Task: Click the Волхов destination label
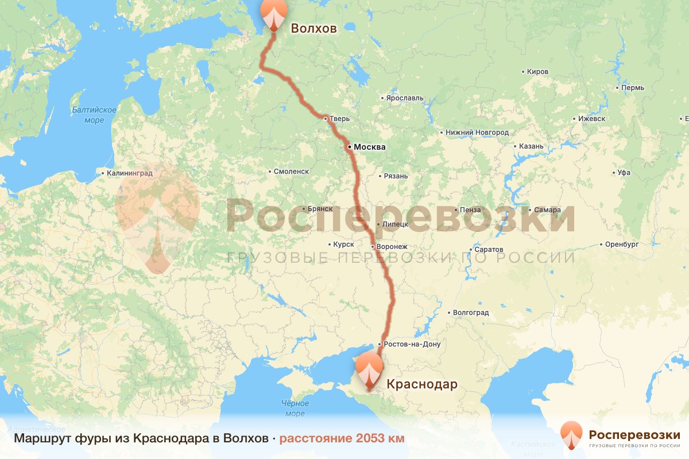(x=313, y=29)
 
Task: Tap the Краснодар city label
(x=422, y=384)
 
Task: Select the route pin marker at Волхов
(x=273, y=15)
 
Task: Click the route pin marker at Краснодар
(x=369, y=371)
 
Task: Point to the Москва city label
(x=369, y=147)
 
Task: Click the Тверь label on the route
(x=339, y=119)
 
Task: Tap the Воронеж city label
(x=392, y=247)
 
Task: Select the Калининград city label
(x=127, y=173)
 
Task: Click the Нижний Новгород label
(x=477, y=133)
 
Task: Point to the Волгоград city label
(x=471, y=313)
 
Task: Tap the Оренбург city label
(x=622, y=244)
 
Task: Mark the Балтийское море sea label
(x=94, y=115)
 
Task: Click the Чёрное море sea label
(x=295, y=409)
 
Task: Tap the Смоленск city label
(x=291, y=171)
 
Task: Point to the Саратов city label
(x=489, y=250)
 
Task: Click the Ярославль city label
(x=404, y=98)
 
